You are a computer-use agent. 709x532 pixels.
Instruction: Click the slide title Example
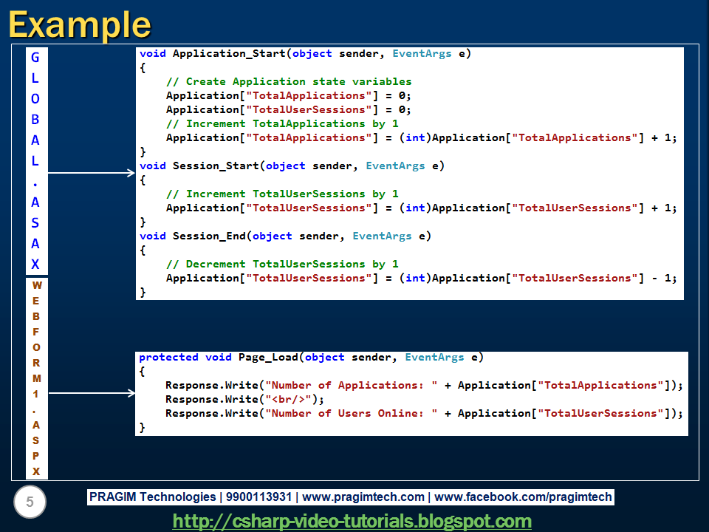point(79,24)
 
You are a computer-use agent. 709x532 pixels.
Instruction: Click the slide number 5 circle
point(30,502)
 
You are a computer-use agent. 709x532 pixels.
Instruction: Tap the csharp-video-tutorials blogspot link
point(352,521)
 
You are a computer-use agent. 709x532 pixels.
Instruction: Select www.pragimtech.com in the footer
point(363,497)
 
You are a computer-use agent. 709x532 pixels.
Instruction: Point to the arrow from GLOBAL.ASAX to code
point(92,174)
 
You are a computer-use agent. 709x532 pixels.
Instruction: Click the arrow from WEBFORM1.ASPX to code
point(92,393)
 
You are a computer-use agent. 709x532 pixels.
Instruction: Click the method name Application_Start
point(229,53)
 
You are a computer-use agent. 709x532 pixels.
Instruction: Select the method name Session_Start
point(215,166)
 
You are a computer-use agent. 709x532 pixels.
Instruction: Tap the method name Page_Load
point(268,357)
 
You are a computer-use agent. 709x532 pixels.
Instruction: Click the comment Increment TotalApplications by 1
point(282,123)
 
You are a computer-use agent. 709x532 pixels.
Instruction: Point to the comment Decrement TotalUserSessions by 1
point(282,264)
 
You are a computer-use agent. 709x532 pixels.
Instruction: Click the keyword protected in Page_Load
point(168,357)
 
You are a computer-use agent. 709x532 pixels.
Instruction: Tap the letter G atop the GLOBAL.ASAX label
point(35,57)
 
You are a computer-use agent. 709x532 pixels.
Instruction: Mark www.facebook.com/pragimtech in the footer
point(524,497)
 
